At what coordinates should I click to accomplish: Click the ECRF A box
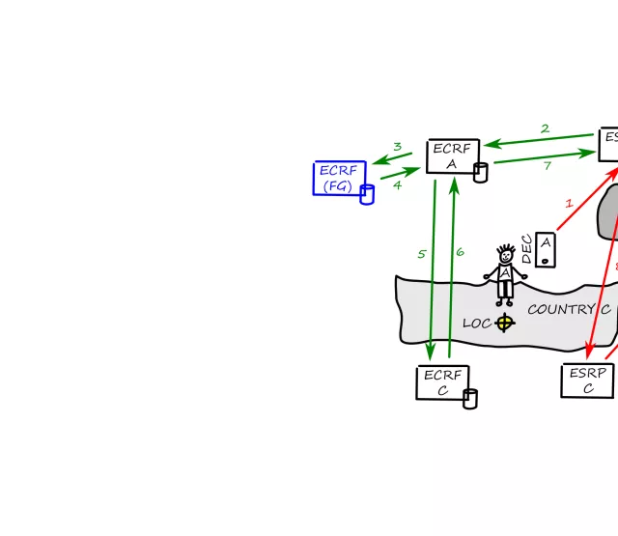pos(452,156)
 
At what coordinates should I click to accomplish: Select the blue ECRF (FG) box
pos(339,178)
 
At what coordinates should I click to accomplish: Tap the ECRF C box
pos(442,382)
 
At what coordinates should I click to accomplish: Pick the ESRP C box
pos(587,381)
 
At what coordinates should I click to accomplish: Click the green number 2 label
pos(545,128)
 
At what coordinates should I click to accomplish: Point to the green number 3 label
pos(397,147)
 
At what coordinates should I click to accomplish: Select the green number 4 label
pos(397,184)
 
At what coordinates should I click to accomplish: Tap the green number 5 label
pos(422,254)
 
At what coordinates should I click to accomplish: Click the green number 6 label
pos(460,251)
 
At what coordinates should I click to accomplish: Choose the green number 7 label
pos(548,166)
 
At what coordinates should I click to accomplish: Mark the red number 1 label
pos(569,204)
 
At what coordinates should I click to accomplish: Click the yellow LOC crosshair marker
pos(504,323)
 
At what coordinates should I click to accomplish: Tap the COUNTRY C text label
pos(569,310)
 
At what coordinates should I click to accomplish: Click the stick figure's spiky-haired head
pos(505,255)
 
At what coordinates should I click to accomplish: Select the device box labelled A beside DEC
pos(546,249)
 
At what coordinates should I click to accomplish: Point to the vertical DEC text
pos(527,249)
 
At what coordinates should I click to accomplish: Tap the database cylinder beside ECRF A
pos(480,173)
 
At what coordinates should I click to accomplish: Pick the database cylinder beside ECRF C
pos(470,399)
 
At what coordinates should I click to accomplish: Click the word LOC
pos(477,324)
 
